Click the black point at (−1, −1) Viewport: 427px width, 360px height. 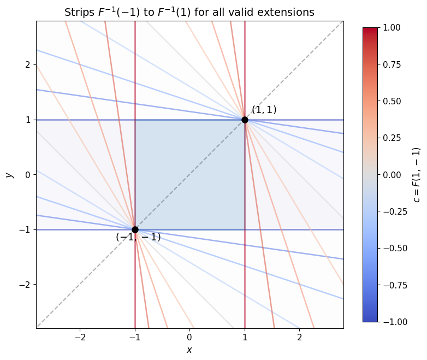click(x=135, y=229)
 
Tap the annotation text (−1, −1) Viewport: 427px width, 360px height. click(x=138, y=237)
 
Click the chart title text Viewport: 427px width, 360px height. click(x=189, y=12)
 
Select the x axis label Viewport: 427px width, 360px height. click(x=189, y=350)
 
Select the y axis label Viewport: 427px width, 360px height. click(x=9, y=174)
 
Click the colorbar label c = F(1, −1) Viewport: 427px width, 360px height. click(x=417, y=174)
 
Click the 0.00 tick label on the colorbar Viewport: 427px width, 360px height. click(x=391, y=174)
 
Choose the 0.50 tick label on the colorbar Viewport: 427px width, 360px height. click(x=391, y=101)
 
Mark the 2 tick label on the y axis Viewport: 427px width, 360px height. click(x=28, y=64)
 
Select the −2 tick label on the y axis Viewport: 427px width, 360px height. click(x=26, y=285)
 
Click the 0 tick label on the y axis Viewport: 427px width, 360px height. click(x=28, y=174)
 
